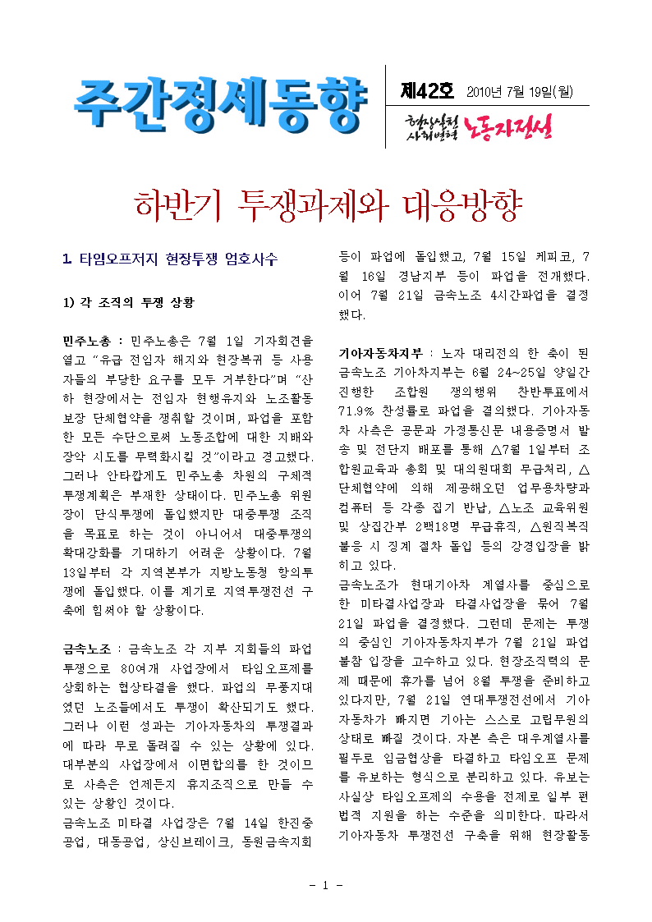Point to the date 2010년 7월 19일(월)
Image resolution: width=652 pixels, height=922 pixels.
tap(521, 92)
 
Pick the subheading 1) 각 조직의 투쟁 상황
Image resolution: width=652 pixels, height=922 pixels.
tap(129, 302)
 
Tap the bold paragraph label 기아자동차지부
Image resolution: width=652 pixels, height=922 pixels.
tap(381, 353)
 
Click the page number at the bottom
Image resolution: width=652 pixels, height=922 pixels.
tap(326, 885)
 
